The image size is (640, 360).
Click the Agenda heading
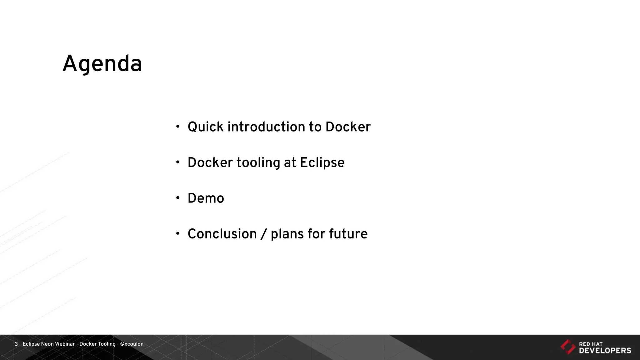coord(102,64)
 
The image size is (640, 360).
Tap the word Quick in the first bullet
coord(206,127)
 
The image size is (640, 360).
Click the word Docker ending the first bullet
coord(347,127)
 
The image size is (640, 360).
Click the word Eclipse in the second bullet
coord(322,163)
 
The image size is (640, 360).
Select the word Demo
coord(206,198)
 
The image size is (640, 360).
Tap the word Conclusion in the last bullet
coord(222,234)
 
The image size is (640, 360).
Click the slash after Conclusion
coord(263,234)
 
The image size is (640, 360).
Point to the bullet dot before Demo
coord(178,198)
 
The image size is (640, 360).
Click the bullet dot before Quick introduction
coord(178,127)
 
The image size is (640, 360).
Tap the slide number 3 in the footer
coord(16,344)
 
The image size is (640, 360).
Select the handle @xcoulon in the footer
coord(132,344)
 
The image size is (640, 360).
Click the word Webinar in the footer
coord(65,344)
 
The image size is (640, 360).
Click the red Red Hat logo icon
coord(567,347)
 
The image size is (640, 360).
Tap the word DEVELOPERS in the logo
coord(605,351)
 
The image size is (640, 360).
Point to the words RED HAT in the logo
coord(591,344)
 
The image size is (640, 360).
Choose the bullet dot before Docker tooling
coord(178,162)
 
